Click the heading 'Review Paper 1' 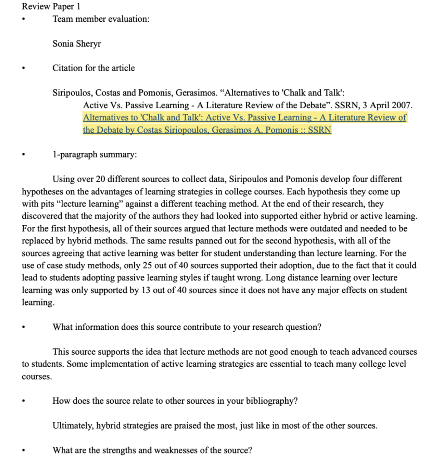coord(51,7)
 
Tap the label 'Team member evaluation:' coord(101,19)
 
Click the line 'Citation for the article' coord(93,68)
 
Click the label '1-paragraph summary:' coord(94,155)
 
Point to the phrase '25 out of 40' coord(162,266)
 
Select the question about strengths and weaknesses coord(152,450)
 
